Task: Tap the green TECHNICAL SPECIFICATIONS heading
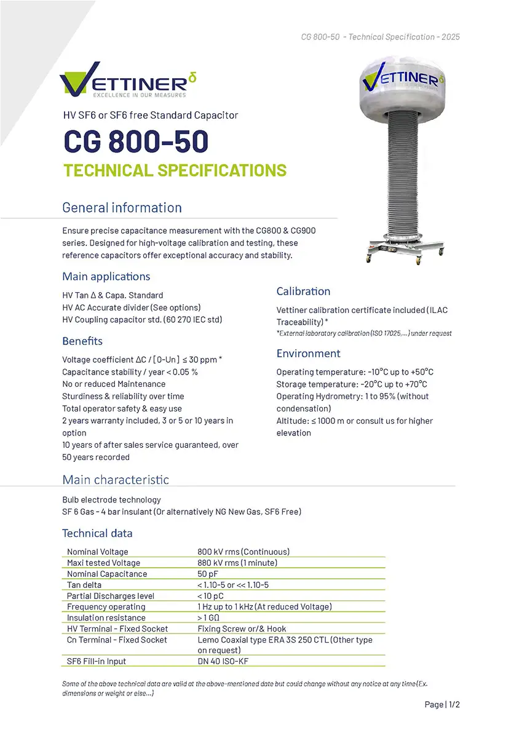coord(175,170)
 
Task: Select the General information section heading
coord(122,208)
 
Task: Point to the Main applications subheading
coord(106,276)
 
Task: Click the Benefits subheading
coord(82,341)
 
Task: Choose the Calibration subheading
coord(303,291)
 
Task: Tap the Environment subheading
coord(308,353)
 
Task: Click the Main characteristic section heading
coord(116,480)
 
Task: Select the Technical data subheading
coord(97,533)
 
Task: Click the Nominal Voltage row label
coord(98,552)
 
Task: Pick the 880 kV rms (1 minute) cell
coord(237,563)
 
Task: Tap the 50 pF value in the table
coord(208,574)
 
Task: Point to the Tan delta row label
coord(84,585)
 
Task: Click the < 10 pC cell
coord(210,596)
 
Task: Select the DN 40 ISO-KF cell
coord(223,661)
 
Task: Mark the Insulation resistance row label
coord(106,617)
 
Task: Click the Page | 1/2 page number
coord(442,704)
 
